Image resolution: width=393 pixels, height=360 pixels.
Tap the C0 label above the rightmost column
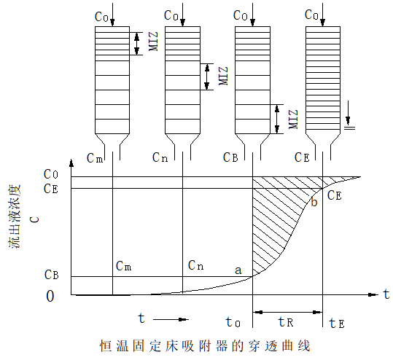pos(311,14)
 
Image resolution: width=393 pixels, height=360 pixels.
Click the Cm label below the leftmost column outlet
pos(95,157)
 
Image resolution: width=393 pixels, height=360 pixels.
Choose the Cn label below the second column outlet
pos(160,157)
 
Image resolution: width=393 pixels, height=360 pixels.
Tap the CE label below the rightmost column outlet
pos(302,157)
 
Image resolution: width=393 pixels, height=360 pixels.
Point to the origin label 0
pos(50,296)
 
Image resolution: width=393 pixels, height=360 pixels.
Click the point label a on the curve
pos(238,270)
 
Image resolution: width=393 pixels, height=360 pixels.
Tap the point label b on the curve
pos(314,202)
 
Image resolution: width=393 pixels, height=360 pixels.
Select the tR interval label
pos(287,321)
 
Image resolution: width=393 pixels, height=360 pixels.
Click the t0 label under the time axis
pos(233,322)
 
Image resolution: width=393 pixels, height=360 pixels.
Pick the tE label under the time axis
pos(336,322)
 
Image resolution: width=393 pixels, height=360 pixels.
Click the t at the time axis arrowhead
pos(386,293)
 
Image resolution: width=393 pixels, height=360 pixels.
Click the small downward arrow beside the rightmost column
pos(349,115)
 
